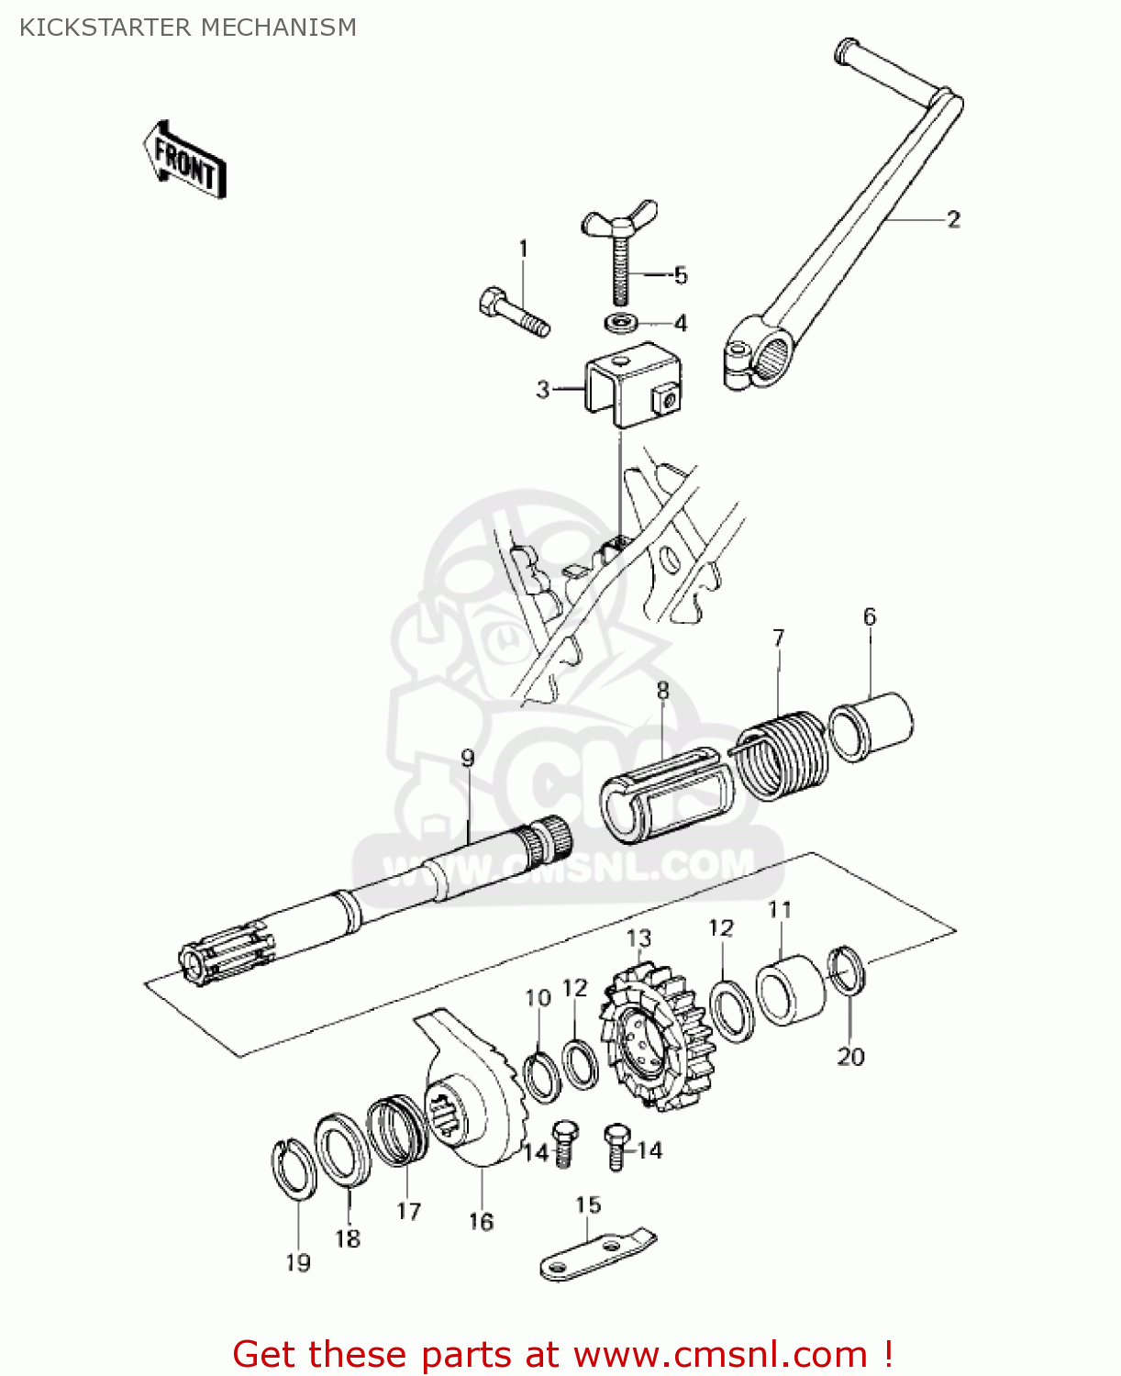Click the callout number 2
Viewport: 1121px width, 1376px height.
953,219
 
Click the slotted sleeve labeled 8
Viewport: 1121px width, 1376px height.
667,795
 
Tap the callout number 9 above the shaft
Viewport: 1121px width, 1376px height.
468,759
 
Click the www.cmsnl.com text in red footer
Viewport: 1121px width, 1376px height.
719,1354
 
